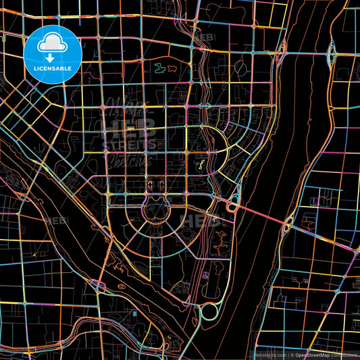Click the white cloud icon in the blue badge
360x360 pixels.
coord(52,42)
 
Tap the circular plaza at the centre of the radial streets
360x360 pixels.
coord(155,211)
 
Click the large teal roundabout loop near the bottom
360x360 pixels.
coord(209,311)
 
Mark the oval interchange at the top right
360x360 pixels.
coord(332,54)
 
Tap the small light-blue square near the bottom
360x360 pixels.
coord(204,275)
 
